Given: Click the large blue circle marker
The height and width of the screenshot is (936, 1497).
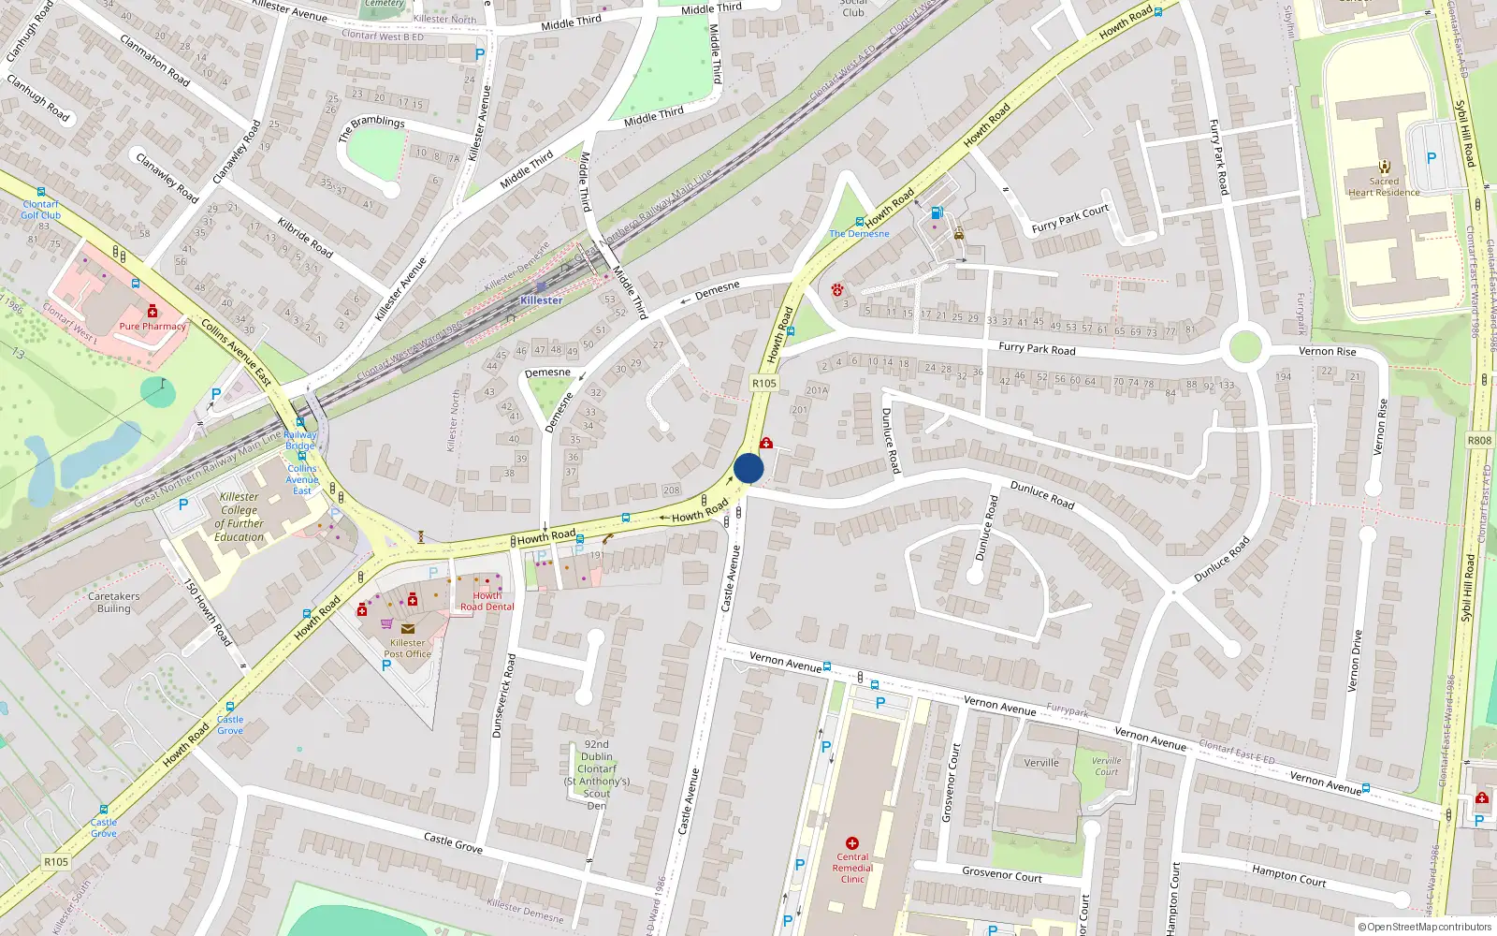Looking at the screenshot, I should (x=748, y=468).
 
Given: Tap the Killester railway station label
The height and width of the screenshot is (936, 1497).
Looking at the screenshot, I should (x=542, y=300).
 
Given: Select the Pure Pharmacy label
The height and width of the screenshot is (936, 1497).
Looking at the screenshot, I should (x=153, y=327).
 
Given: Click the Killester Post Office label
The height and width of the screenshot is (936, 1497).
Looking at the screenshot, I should (x=407, y=648).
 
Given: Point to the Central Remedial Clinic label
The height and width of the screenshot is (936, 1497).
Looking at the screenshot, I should (x=852, y=868).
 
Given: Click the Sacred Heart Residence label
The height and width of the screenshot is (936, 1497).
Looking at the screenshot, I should (x=1384, y=187).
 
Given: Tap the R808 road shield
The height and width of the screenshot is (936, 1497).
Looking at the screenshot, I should (x=1479, y=440).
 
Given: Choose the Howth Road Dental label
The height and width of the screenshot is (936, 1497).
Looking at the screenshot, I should (x=487, y=601).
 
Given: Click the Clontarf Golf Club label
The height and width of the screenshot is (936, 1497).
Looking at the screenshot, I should (x=41, y=210).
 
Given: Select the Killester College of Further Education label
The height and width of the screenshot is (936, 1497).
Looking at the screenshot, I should (x=240, y=517).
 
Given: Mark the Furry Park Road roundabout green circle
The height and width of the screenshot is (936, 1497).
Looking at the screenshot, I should (x=1244, y=347).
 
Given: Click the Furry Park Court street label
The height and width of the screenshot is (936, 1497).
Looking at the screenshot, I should (x=1070, y=219).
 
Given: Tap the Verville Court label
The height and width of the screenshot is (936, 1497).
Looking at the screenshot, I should (x=1106, y=766).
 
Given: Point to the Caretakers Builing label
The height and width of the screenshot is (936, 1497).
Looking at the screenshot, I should (x=114, y=602).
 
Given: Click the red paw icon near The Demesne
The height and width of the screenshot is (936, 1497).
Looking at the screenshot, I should (x=836, y=290).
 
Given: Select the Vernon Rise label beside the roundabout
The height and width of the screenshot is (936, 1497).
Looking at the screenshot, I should (x=1327, y=351).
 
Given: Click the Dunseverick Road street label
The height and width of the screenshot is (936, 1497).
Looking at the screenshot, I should (x=504, y=695).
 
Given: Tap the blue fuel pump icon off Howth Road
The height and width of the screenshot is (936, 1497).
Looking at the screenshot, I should (x=937, y=212).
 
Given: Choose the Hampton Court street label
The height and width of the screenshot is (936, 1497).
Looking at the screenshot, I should (x=1288, y=875).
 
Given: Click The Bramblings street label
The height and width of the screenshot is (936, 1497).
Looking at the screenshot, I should (x=371, y=128).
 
